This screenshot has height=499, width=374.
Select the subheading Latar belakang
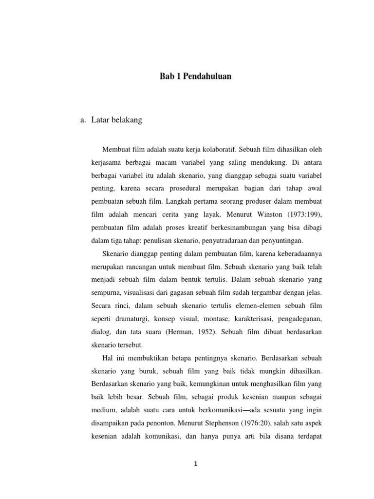click(116, 120)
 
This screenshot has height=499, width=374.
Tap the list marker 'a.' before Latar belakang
click(82, 120)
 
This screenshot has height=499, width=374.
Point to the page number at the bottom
click(195, 464)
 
